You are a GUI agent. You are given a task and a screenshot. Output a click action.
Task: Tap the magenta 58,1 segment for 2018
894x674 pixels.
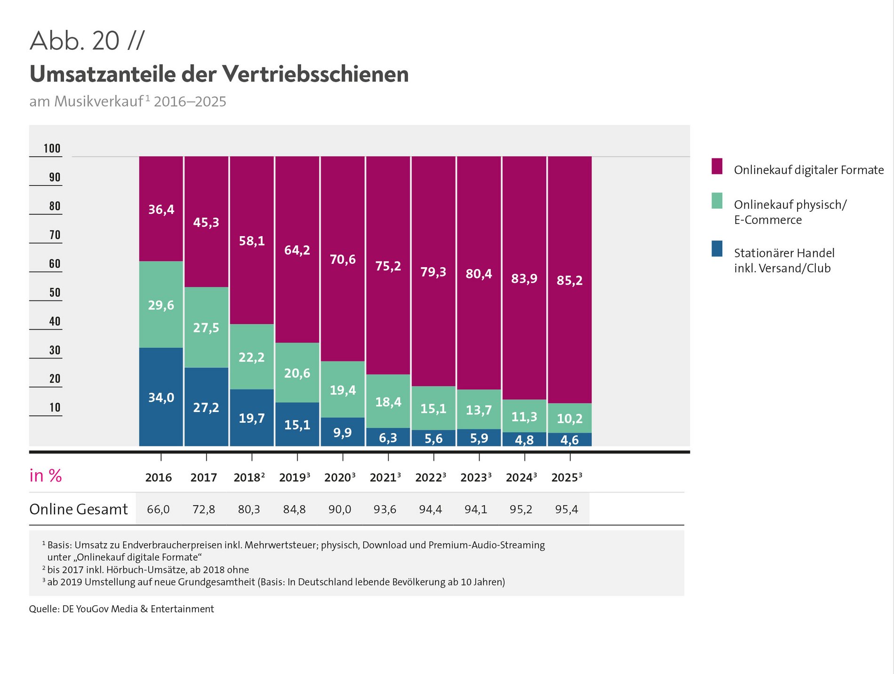252,240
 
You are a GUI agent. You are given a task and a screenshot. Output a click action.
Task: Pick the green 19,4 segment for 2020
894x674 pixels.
343,389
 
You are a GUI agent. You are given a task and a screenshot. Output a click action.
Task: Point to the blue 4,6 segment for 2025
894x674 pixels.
569,439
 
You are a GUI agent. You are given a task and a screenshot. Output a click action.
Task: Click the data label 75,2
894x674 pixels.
388,266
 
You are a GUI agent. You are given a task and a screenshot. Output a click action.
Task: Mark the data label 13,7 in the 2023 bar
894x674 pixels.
479,410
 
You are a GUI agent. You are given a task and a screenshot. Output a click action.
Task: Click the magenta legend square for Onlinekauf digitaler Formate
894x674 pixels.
717,167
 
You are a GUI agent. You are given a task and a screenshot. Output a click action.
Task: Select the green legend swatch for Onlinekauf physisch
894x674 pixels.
717,201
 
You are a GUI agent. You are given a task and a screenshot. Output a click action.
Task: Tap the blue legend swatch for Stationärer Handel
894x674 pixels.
717,249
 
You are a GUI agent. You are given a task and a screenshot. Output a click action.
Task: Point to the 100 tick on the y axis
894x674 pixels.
52,149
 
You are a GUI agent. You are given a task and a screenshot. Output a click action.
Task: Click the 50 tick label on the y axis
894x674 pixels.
55,293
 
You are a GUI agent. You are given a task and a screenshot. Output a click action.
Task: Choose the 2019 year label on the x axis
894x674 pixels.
295,477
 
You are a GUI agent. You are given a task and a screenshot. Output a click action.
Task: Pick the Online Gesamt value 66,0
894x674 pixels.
158,509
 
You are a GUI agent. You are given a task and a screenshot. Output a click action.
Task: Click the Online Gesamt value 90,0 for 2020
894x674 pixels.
340,509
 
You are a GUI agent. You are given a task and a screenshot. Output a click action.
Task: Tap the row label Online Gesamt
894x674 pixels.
79,509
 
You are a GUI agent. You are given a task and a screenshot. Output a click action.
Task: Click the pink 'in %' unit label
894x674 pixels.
46,476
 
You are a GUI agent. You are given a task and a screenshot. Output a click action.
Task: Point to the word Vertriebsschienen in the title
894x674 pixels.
315,74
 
